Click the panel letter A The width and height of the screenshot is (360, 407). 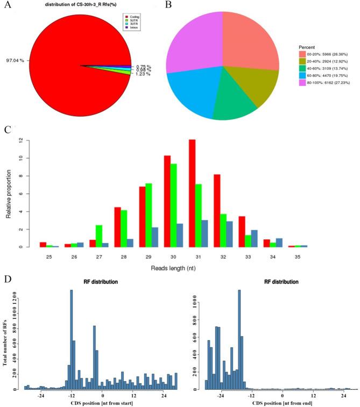9,7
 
